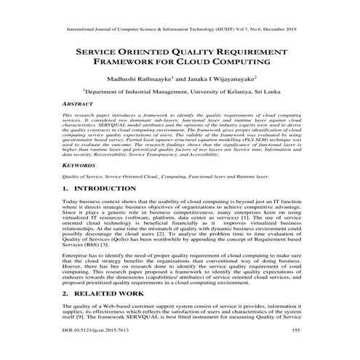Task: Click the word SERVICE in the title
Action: pyautogui.click(x=97, y=53)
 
